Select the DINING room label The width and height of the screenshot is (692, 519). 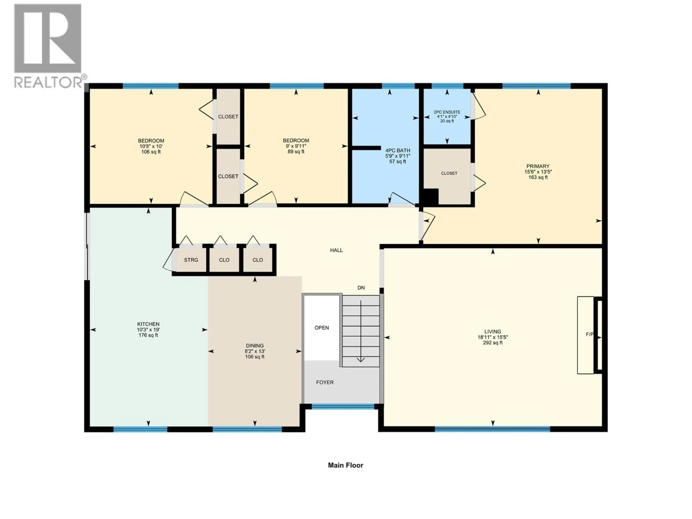click(x=255, y=351)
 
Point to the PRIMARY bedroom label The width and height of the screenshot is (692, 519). click(x=538, y=172)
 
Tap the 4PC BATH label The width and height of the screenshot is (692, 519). click(x=398, y=156)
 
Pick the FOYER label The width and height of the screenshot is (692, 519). click(x=325, y=382)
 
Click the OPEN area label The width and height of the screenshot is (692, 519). click(x=322, y=328)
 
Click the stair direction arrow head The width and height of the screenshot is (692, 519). click(x=361, y=360)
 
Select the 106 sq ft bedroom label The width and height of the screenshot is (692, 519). click(x=151, y=146)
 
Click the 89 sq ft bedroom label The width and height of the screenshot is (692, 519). click(x=296, y=146)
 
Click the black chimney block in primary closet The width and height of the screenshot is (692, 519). click(x=431, y=197)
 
